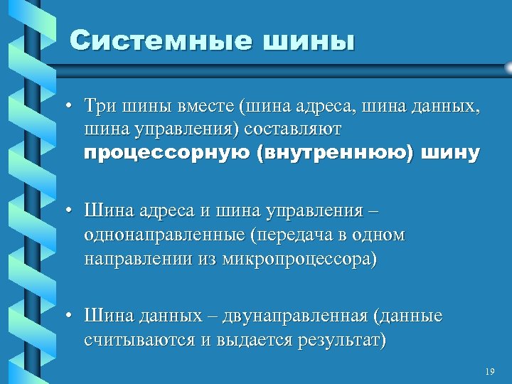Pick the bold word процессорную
click(166, 153)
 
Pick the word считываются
click(139, 339)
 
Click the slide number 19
click(489, 372)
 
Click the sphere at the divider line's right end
click(507, 67)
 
